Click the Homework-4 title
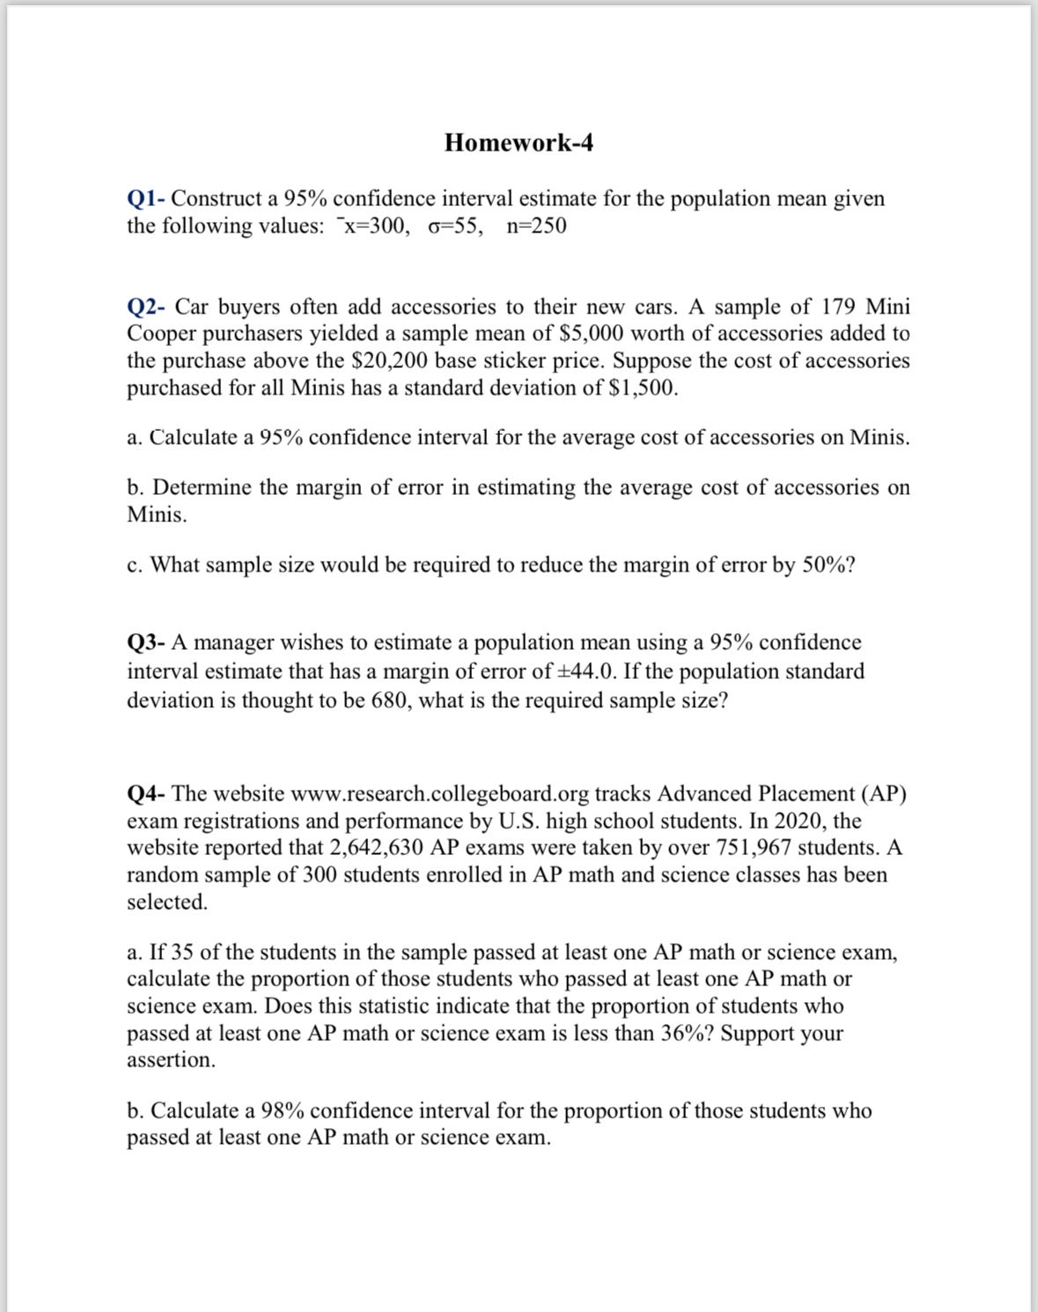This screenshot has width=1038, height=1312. (519, 143)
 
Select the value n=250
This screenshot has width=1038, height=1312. (536, 226)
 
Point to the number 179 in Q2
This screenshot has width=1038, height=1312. (840, 306)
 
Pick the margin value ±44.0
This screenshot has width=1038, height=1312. (587, 672)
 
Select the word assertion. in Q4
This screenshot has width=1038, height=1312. (171, 1060)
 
